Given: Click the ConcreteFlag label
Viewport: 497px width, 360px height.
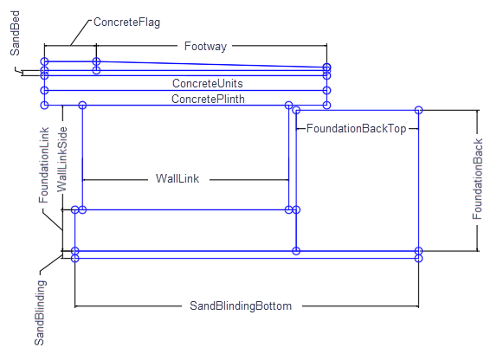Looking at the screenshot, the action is (x=126, y=22).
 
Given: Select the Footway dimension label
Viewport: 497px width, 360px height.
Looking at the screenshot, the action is (x=205, y=46).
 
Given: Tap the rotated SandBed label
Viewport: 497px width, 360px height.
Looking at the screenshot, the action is (x=15, y=33).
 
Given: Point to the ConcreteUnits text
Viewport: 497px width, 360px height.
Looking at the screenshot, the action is (x=208, y=83).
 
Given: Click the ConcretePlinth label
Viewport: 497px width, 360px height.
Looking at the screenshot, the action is (x=208, y=99).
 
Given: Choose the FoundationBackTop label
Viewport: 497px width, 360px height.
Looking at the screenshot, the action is (x=356, y=128).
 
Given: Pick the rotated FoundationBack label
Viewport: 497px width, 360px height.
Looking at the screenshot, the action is (x=477, y=179).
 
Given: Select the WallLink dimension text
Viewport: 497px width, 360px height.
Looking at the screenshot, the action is (x=177, y=178).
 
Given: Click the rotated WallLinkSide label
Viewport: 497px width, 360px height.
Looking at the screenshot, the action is (x=62, y=159).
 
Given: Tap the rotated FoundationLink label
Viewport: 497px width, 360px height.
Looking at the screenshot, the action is (x=44, y=165).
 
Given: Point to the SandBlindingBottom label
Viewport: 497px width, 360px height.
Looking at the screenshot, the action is (x=241, y=306).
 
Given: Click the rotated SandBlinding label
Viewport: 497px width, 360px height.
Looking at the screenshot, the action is (x=40, y=312).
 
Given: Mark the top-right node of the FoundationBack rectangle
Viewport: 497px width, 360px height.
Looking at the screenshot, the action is (x=418, y=110).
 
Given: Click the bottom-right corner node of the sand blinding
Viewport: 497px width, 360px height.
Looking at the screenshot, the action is (x=418, y=258).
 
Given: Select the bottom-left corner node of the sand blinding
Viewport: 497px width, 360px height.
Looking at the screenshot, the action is (x=74, y=258).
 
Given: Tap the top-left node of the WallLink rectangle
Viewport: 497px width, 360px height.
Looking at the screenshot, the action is (x=82, y=105).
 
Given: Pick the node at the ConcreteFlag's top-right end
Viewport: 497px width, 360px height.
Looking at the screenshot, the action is (x=96, y=61).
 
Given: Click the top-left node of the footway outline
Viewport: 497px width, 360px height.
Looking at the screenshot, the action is (x=44, y=61).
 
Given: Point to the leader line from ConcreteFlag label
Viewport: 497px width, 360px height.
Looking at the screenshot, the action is (x=80, y=33).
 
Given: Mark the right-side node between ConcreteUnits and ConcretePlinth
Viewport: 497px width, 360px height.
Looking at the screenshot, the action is (x=326, y=91).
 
